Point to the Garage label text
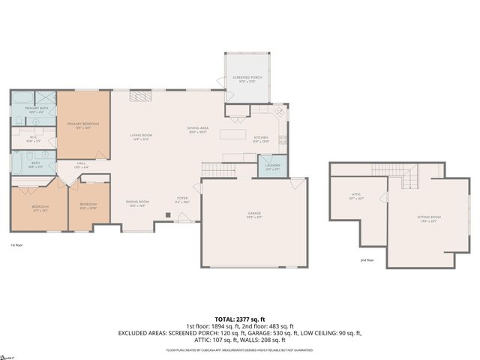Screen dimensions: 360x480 (254, 214)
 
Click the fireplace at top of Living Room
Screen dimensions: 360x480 (140, 96)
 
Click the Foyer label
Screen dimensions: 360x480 (183, 201)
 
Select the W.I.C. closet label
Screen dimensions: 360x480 (34, 138)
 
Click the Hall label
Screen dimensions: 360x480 (81, 166)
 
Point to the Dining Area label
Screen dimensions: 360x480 (197, 129)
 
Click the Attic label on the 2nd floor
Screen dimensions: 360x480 (356, 196)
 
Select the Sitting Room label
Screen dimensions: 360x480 (429, 217)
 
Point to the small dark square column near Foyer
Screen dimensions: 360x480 (168, 215)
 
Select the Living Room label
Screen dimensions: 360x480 (140, 136)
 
